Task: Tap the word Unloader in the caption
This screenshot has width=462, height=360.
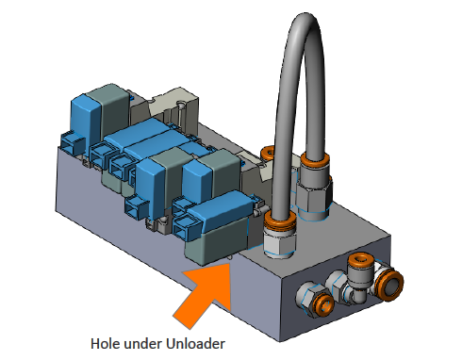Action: (195, 342)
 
